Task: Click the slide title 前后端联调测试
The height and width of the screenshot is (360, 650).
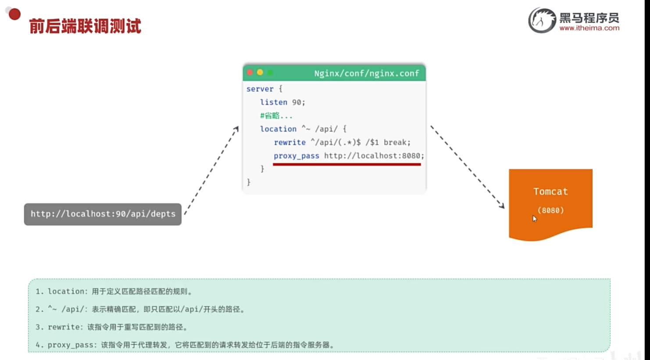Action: click(85, 26)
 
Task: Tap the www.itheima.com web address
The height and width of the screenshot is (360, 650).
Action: click(589, 28)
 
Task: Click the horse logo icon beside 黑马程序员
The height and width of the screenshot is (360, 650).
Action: click(542, 20)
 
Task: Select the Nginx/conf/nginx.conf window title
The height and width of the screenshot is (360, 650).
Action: click(366, 73)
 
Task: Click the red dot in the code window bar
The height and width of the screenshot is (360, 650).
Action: click(250, 72)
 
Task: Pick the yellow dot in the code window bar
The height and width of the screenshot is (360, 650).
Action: click(260, 72)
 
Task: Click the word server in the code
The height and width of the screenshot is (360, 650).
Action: click(260, 89)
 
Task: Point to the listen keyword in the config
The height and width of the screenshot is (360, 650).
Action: click(274, 102)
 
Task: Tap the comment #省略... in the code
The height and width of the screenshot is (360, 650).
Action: click(276, 116)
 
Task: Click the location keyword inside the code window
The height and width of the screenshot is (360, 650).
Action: click(278, 129)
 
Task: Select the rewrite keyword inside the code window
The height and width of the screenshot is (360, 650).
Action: click(289, 143)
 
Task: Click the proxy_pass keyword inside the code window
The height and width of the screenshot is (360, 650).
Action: click(296, 156)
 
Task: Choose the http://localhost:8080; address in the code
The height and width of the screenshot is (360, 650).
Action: click(374, 156)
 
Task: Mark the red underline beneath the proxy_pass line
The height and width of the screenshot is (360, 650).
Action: click(346, 164)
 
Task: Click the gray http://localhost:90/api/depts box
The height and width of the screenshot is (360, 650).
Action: click(103, 214)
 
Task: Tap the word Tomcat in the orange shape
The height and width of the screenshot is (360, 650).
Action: click(550, 192)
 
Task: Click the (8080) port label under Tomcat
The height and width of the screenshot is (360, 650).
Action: click(550, 210)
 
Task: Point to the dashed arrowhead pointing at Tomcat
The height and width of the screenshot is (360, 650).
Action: click(502, 205)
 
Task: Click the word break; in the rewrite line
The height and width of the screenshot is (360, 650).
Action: click(397, 143)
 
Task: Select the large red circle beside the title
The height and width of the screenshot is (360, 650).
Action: click(15, 14)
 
